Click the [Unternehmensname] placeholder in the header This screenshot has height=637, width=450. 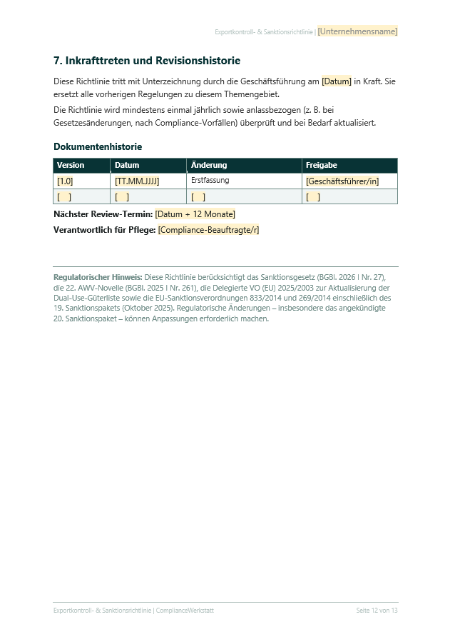[x=357, y=31]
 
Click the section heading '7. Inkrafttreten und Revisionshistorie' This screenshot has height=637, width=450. [x=147, y=61]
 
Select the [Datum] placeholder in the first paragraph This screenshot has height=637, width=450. [x=337, y=81]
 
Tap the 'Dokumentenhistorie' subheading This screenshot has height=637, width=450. [x=98, y=146]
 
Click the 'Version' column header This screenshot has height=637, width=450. [x=71, y=165]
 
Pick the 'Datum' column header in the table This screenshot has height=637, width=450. [x=127, y=165]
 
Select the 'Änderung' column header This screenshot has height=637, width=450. [x=209, y=165]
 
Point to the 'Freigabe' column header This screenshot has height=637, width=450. [x=322, y=165]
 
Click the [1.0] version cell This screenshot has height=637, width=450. [x=65, y=181]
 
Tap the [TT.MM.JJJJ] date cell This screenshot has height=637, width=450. [x=137, y=181]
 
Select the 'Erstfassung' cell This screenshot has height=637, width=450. [x=210, y=181]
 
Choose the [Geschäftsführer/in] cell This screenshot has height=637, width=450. [x=342, y=181]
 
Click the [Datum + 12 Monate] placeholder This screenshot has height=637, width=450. [x=195, y=214]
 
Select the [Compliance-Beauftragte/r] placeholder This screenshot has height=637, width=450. [x=209, y=229]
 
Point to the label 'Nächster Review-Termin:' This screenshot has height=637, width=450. [x=103, y=214]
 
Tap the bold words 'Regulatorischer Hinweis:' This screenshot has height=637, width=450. [x=98, y=276]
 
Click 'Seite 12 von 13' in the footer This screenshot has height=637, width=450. [x=377, y=611]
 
